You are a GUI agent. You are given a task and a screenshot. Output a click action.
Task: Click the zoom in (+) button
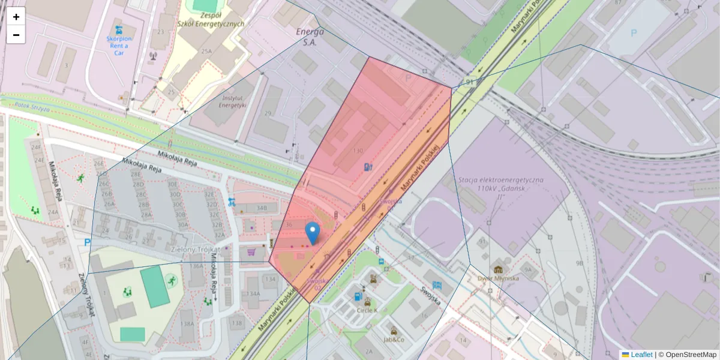pos(16,17)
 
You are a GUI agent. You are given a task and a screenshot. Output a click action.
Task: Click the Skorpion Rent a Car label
pos(119,44)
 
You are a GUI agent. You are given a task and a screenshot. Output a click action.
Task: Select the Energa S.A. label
pos(310,37)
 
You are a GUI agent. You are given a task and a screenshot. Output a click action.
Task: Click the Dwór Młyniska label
pos(497,278)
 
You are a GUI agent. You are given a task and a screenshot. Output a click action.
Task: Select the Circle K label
pos(367,310)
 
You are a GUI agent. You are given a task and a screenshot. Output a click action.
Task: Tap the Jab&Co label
pos(394,339)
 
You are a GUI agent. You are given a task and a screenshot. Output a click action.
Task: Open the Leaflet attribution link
pos(641,355)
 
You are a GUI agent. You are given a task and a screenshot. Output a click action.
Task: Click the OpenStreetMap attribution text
pos(687,355)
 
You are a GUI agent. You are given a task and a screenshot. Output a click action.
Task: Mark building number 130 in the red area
pos(359,151)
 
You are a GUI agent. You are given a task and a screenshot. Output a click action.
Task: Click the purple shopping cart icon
pos(251,253)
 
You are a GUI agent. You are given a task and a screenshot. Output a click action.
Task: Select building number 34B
pos(261,208)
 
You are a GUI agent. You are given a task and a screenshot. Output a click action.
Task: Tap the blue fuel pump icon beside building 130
pos(367,167)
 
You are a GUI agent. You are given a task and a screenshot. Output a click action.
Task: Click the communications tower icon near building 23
pos(152,56)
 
